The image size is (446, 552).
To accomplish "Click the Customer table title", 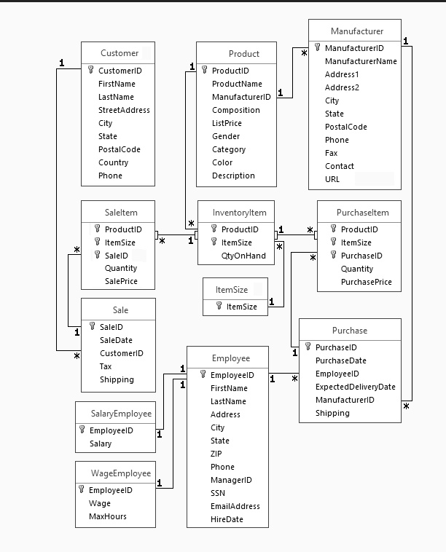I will pyautogui.click(x=119, y=53).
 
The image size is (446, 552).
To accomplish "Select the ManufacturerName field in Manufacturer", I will pyautogui.click(x=361, y=61).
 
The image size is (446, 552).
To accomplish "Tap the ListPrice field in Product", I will pyautogui.click(x=227, y=123).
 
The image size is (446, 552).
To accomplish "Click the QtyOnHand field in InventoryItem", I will pyautogui.click(x=243, y=256).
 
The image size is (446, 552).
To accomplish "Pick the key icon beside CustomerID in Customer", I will pyautogui.click(x=91, y=71).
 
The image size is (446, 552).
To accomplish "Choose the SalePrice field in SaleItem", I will pyautogui.click(x=121, y=281).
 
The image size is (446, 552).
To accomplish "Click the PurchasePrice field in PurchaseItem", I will pyautogui.click(x=366, y=282).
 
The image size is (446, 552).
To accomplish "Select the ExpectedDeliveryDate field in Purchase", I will pyautogui.click(x=355, y=387).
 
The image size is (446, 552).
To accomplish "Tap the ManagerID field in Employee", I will pyautogui.click(x=231, y=480).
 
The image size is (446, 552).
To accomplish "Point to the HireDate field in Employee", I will pyautogui.click(x=227, y=519).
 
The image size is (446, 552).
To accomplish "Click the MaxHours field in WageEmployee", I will pyautogui.click(x=107, y=516).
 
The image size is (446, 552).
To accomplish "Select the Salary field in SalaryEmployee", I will pyautogui.click(x=101, y=443).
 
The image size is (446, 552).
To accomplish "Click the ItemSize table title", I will pyautogui.click(x=232, y=290).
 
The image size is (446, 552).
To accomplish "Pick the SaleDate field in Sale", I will pyautogui.click(x=116, y=340).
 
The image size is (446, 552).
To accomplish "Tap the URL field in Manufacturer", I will pyautogui.click(x=332, y=179).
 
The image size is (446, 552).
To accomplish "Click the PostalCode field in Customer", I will pyautogui.click(x=120, y=149).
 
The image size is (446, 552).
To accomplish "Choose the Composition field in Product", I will pyautogui.click(x=235, y=110).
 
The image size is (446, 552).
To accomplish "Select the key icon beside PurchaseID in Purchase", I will pyautogui.click(x=308, y=347).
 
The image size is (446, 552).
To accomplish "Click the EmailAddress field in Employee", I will pyautogui.click(x=235, y=506).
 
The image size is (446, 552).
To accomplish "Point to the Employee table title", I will pyautogui.click(x=230, y=358).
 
